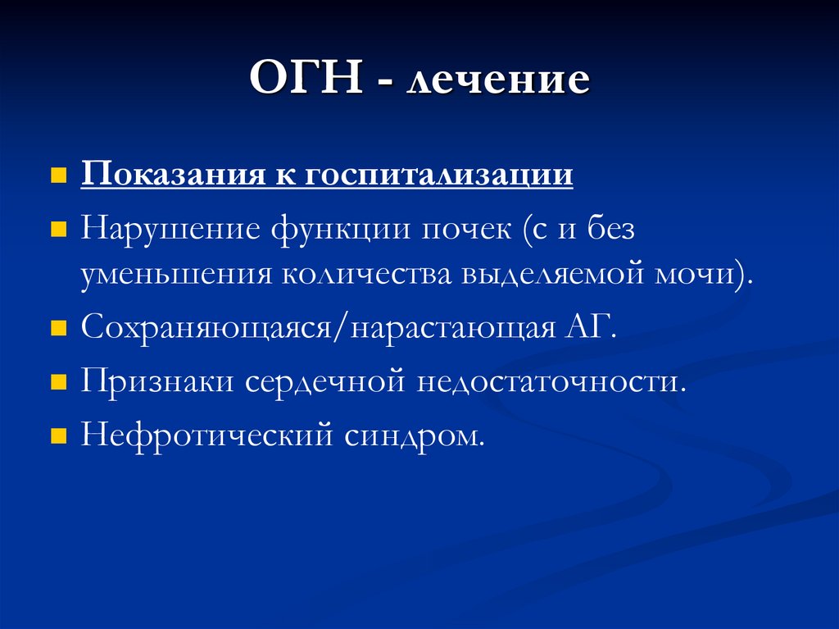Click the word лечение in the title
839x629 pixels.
[500, 82]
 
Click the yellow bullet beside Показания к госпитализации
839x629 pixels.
[58, 176]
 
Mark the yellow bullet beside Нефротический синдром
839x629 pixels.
[58, 436]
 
